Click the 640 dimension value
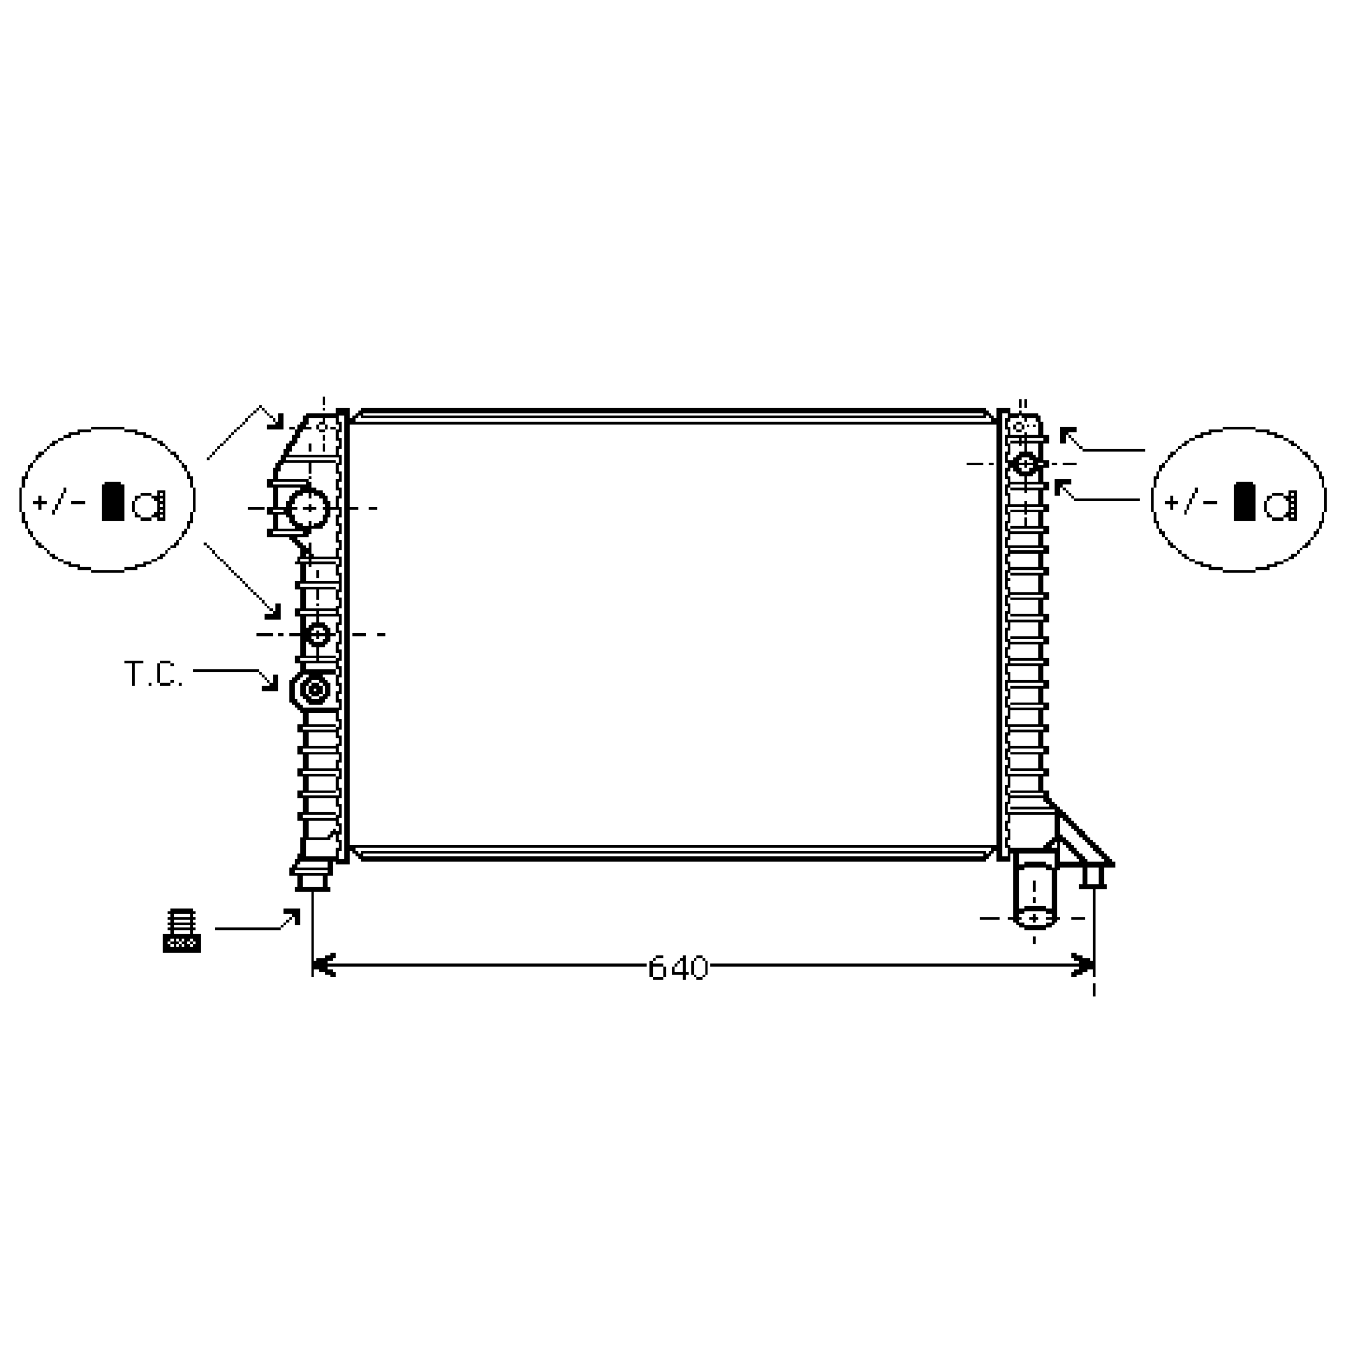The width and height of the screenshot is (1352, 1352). [x=678, y=969]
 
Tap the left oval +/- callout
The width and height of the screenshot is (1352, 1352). [x=107, y=500]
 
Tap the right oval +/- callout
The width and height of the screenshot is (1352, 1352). [x=1238, y=500]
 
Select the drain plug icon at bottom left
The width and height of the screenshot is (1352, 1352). [x=181, y=931]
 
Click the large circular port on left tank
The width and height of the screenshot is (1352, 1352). [x=308, y=508]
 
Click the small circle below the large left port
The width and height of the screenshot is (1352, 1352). [x=319, y=635]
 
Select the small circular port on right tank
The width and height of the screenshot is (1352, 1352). [x=1025, y=463]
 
